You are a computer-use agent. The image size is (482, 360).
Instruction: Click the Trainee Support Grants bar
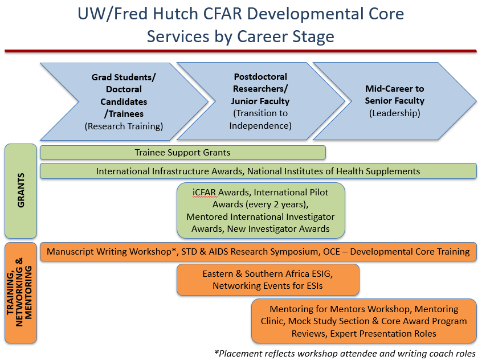[x=182, y=153]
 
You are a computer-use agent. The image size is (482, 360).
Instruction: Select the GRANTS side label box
[x=21, y=191]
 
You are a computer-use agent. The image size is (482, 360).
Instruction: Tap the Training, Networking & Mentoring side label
[x=21, y=293]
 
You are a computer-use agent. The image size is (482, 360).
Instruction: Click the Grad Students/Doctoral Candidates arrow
[x=124, y=102]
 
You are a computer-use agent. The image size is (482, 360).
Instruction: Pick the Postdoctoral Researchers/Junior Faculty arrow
[x=261, y=101]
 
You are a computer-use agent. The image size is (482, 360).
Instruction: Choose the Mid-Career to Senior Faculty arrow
[x=395, y=101]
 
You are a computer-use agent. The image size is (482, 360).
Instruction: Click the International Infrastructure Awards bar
[x=258, y=171]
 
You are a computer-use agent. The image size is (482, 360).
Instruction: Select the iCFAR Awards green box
[x=261, y=211]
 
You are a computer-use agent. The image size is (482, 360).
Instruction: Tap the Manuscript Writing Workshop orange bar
[x=258, y=252]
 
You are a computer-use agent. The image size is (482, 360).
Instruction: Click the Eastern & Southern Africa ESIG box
[x=268, y=280]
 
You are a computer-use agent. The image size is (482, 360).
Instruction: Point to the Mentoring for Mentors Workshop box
[x=364, y=321]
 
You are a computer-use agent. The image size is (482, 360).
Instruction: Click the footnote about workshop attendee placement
[x=345, y=354]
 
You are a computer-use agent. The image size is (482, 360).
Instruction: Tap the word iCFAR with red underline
[x=204, y=193]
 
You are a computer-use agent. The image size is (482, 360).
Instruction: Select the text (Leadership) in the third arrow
[x=395, y=113]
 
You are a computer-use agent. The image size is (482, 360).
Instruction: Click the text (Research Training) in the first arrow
[x=124, y=126]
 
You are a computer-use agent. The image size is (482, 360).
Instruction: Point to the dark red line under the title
[x=240, y=51]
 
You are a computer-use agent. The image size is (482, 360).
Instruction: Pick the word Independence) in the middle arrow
[x=260, y=126]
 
